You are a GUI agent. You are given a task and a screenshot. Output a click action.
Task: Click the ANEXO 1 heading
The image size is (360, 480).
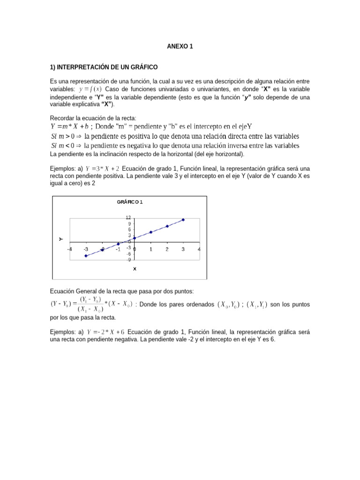(x=180, y=46)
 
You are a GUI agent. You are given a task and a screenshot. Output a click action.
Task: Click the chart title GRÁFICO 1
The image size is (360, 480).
(x=129, y=202)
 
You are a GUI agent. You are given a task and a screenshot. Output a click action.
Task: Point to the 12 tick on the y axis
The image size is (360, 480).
(x=127, y=217)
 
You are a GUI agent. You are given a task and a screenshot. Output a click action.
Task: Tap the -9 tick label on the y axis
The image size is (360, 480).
(x=128, y=260)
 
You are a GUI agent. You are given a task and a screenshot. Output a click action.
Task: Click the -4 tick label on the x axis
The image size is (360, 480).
(x=70, y=249)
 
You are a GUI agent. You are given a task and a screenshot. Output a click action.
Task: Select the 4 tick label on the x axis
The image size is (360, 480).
(x=199, y=249)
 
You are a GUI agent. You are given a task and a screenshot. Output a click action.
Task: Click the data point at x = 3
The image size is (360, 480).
(x=183, y=220)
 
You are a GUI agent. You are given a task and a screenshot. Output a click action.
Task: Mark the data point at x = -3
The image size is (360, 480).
(x=86, y=255)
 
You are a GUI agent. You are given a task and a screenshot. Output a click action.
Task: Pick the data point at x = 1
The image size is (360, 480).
(x=151, y=232)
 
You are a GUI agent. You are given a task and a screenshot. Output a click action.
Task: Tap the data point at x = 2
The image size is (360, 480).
(x=167, y=226)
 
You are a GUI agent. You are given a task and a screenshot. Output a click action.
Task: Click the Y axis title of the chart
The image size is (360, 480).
(x=61, y=239)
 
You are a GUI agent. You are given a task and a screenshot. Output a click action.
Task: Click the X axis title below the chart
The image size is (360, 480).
(x=135, y=269)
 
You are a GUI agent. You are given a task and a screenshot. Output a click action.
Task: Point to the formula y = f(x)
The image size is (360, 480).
(x=90, y=89)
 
